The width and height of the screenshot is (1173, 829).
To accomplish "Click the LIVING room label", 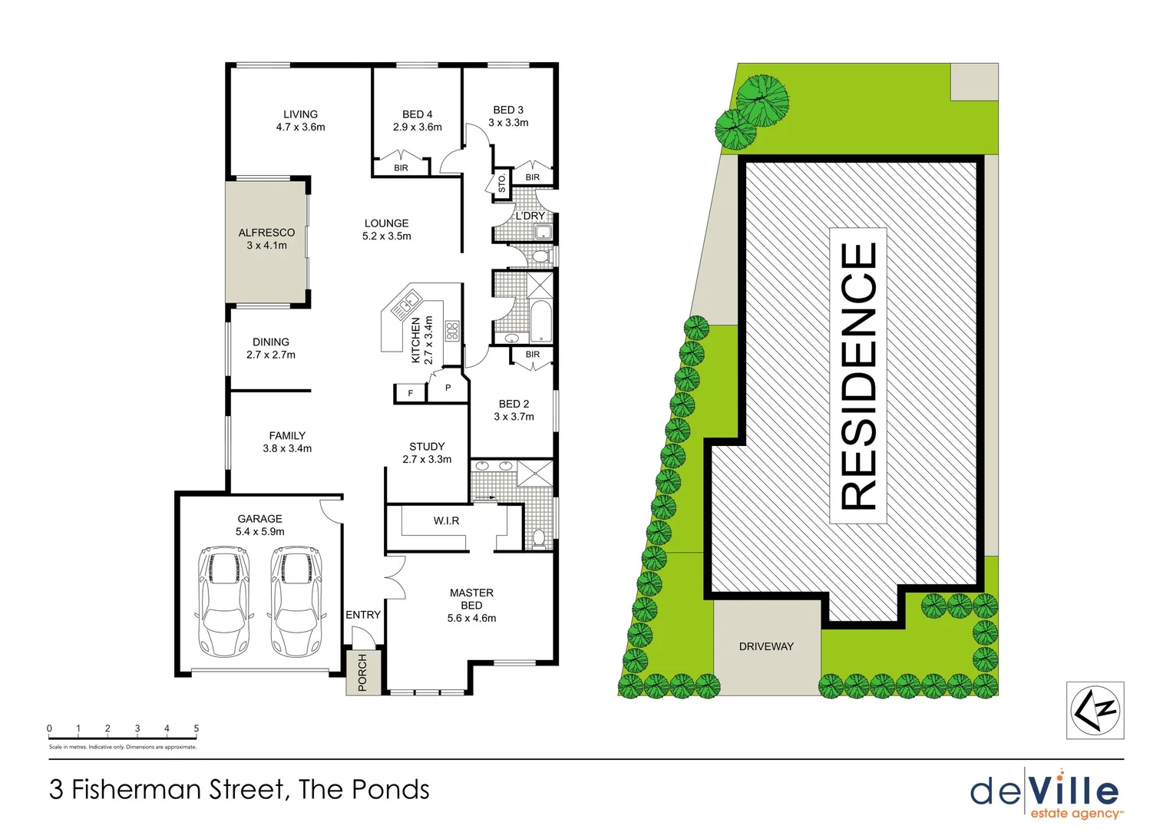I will [300, 114].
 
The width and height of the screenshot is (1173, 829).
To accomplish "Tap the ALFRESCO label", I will [266, 233].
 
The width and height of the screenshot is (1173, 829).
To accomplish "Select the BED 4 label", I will [417, 114].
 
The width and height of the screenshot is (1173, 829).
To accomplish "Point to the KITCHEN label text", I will [416, 340].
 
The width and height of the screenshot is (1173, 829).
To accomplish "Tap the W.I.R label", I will [446, 521].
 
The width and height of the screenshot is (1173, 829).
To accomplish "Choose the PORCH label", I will [362, 672].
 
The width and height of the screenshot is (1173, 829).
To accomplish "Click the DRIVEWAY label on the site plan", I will [766, 646].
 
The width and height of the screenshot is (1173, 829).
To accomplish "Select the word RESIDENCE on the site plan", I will [859, 376].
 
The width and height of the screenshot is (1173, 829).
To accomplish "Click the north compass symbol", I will [1095, 710].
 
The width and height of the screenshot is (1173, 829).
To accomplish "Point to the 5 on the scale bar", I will [197, 728].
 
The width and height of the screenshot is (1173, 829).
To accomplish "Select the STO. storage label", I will [502, 183].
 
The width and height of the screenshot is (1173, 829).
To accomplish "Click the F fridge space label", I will [411, 394].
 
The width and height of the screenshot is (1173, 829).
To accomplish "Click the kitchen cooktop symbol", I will [452, 331].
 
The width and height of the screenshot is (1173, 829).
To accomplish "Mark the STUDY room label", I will [427, 447].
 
